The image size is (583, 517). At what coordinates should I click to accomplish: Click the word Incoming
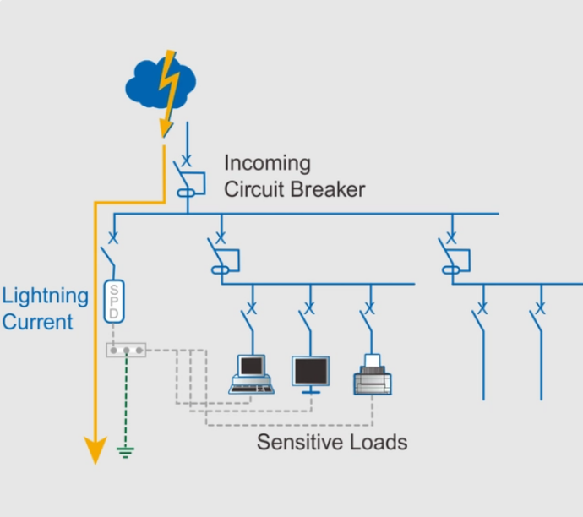(267, 163)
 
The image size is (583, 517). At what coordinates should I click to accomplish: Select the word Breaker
(329, 188)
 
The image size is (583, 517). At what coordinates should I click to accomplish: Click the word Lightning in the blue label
(45, 296)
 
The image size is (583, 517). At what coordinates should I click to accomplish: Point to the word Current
(37, 322)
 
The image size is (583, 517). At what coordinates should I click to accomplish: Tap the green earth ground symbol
(125, 453)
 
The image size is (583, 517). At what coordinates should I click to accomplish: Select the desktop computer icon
(250, 374)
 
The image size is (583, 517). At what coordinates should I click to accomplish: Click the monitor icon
(311, 374)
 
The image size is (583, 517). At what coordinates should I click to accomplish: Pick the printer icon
(372, 374)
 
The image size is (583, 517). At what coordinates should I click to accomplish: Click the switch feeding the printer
(368, 319)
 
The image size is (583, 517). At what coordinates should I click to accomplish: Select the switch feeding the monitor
(307, 319)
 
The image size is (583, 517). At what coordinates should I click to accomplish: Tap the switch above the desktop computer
(248, 319)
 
